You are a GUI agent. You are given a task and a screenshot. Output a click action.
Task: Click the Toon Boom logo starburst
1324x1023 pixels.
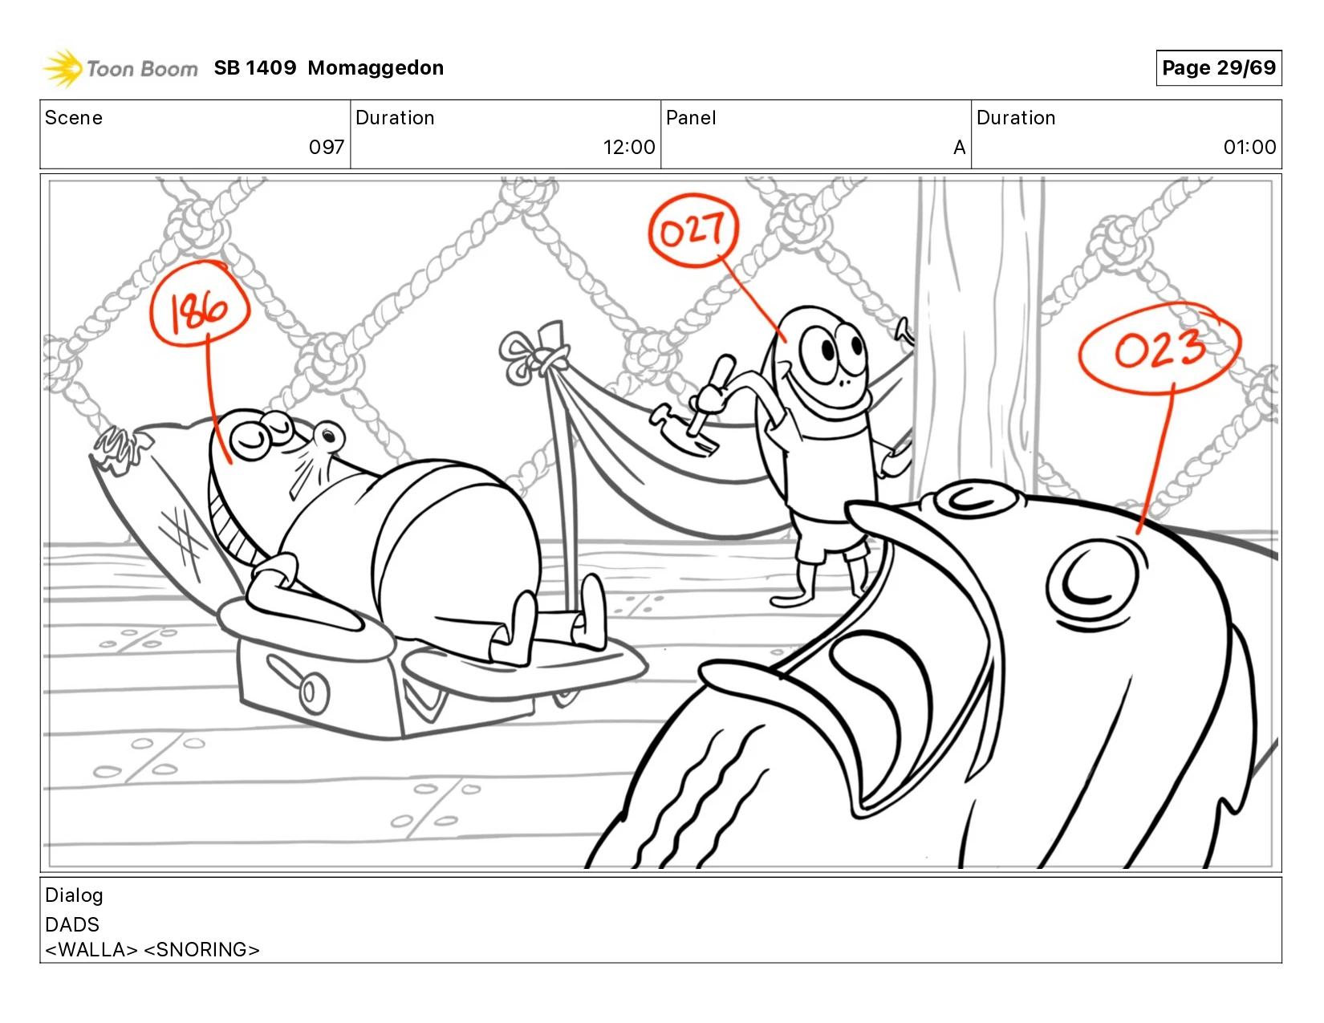click(x=63, y=68)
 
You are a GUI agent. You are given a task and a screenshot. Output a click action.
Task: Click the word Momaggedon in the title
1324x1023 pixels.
click(x=376, y=67)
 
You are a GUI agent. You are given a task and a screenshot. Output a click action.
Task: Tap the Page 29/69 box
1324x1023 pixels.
click(x=1218, y=67)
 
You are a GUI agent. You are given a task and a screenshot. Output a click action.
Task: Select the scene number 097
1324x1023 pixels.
click(x=326, y=147)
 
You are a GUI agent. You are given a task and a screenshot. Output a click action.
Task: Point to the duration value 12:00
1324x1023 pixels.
click(x=629, y=147)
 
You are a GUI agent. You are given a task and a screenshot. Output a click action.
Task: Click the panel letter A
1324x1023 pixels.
click(x=959, y=148)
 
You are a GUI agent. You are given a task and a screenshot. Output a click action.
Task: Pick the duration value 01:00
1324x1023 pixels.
click(x=1249, y=147)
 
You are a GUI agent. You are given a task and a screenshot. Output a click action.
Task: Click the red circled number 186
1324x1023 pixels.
click(x=200, y=305)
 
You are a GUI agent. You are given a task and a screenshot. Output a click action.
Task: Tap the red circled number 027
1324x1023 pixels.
click(x=693, y=230)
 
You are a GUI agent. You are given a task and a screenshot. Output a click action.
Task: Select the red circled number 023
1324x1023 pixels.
click(x=1159, y=349)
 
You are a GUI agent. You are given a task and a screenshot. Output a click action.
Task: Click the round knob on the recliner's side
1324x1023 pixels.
click(x=313, y=693)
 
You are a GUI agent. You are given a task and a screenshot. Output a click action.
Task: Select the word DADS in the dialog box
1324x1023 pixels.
click(x=72, y=924)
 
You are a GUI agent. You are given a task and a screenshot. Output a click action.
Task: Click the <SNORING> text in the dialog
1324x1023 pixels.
click(x=201, y=948)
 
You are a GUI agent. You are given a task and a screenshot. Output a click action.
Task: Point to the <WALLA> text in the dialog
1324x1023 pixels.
click(x=91, y=948)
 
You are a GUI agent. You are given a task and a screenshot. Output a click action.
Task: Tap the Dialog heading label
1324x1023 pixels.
click(x=74, y=895)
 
